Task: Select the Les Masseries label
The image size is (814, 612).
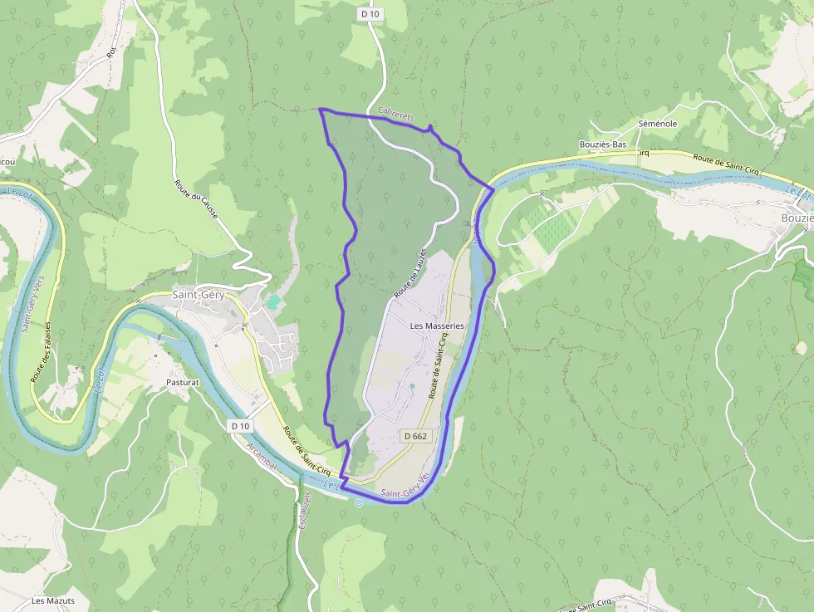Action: click(x=437, y=326)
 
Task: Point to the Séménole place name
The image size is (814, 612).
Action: click(x=657, y=124)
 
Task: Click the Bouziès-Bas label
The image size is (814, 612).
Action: click(x=602, y=144)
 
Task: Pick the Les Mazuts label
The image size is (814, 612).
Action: click(x=53, y=600)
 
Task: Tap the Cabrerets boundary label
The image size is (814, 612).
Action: click(x=395, y=113)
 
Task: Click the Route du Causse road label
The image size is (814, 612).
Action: click(x=196, y=200)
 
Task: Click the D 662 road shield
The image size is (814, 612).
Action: click(x=414, y=436)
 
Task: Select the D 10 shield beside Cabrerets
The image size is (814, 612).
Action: click(x=370, y=14)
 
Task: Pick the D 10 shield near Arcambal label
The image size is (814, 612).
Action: click(x=240, y=426)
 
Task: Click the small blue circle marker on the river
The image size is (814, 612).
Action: click(x=359, y=502)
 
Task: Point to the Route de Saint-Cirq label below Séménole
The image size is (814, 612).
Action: click(x=723, y=161)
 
